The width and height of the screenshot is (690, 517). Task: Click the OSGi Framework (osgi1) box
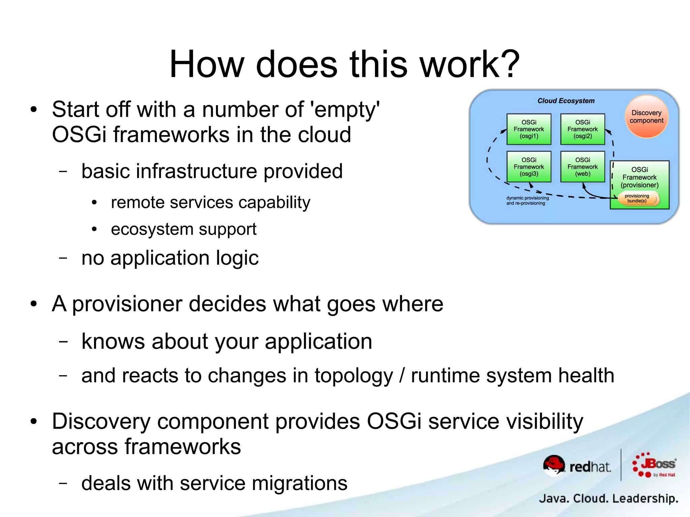coord(529,129)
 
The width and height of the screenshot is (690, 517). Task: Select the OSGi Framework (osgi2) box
coord(583,129)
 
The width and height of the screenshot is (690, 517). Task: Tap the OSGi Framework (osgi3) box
coord(529,167)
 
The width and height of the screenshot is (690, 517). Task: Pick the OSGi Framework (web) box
coord(583,167)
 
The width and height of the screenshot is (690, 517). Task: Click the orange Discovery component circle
coord(646,117)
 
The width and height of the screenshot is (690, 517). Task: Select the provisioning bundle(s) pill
coord(637,198)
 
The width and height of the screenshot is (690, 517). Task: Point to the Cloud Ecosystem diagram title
coord(566,101)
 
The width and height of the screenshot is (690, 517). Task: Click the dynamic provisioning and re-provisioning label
coord(527,200)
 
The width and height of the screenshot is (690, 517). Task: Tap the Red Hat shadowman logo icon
coord(554,465)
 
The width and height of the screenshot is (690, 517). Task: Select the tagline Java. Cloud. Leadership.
coord(608,498)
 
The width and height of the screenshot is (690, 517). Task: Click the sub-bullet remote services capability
coord(210,202)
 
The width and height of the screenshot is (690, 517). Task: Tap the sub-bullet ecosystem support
coord(184,229)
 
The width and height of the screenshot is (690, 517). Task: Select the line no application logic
coord(170,258)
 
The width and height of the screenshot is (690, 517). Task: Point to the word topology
coord(353,376)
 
